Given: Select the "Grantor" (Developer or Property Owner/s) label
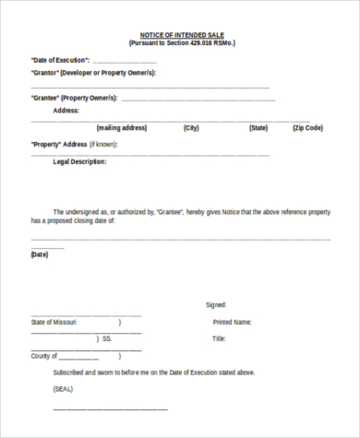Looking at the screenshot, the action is pos(93,72).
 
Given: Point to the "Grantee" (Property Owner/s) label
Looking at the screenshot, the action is pos(73,98).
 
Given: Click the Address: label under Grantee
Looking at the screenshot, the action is pos(66,110).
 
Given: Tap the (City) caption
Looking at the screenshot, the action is pos(191,128).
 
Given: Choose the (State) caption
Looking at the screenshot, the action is pos(258,128).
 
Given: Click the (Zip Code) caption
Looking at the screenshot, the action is pos(307,128).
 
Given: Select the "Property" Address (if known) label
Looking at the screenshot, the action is pos(73,145).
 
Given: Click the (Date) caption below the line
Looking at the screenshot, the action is pos(39,254).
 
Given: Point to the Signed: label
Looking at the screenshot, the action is pos(215,305).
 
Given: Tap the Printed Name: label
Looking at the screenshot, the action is pos(232,322).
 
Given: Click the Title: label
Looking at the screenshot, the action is pos(219,338).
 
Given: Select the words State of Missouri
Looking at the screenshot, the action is pos(54,322).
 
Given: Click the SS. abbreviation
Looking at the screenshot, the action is pos(107,338).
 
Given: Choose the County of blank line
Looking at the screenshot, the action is pos(78,358).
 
